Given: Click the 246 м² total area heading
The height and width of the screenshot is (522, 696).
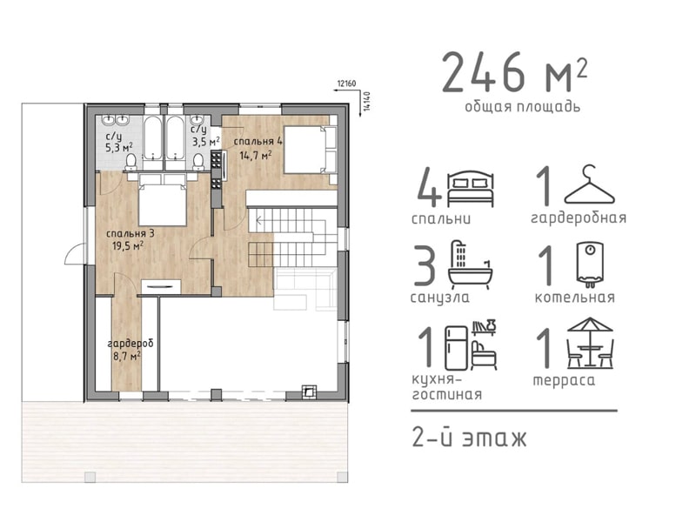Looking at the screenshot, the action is point(515,72).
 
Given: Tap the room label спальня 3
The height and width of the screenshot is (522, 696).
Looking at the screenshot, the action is point(130,233).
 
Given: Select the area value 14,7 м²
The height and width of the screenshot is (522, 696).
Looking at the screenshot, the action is point(256,155).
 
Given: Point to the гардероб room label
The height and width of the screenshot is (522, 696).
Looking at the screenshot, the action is point(130,344).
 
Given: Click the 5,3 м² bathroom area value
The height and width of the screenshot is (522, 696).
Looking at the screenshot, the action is point(118,147).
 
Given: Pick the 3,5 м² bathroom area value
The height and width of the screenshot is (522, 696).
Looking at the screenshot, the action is point(205,142).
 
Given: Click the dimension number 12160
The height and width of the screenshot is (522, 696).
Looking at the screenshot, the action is point(346,83).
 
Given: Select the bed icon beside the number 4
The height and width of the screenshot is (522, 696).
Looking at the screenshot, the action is point(471,189).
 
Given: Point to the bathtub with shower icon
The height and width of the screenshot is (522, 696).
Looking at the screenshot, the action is point(471,265).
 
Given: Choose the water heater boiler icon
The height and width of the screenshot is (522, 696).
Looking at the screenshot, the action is point(590,264).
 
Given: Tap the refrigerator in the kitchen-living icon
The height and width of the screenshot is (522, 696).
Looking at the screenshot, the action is point(456,348).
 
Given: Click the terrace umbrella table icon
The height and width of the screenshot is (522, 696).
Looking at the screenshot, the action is point(591,343).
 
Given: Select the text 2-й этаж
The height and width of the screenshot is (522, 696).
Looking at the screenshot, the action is point(469,438).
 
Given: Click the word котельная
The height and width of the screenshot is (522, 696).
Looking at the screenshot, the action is point(575,297).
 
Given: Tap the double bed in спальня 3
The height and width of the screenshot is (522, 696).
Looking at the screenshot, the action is point(162,199).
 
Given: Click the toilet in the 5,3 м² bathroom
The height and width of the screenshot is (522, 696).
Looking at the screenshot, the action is point(131,162).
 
